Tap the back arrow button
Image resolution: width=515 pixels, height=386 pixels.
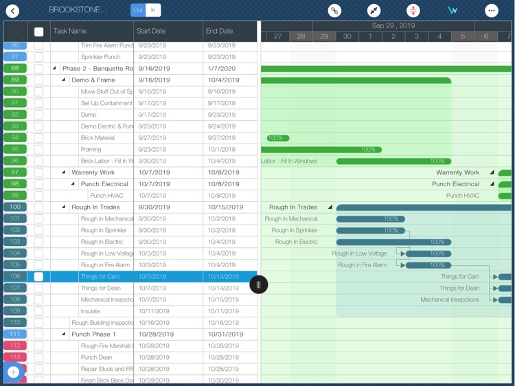(x=12, y=10)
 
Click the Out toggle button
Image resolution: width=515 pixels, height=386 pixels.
(x=138, y=10)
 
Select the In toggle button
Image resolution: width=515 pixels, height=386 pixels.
(x=153, y=10)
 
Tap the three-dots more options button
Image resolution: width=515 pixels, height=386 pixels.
(x=491, y=10)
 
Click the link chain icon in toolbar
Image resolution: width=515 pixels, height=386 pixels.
(x=334, y=10)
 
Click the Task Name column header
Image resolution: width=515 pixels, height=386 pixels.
(x=70, y=31)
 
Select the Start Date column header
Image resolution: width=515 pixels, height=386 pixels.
(x=151, y=31)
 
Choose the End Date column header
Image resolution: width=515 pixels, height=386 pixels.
(x=219, y=31)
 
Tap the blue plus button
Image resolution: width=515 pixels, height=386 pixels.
(x=13, y=372)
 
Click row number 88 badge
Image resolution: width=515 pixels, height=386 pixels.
(x=15, y=69)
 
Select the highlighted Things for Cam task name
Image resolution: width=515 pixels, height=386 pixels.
(x=100, y=276)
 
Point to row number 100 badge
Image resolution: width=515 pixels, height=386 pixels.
(x=15, y=207)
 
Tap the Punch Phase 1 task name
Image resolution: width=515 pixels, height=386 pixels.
(x=94, y=334)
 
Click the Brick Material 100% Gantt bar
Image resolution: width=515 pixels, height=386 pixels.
(x=277, y=138)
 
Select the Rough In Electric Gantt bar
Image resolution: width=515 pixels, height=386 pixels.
(x=393, y=242)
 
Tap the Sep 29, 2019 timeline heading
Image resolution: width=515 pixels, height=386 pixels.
(x=393, y=25)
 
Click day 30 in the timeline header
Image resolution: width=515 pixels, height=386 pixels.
(x=347, y=36)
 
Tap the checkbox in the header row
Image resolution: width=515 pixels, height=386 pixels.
(x=38, y=31)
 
